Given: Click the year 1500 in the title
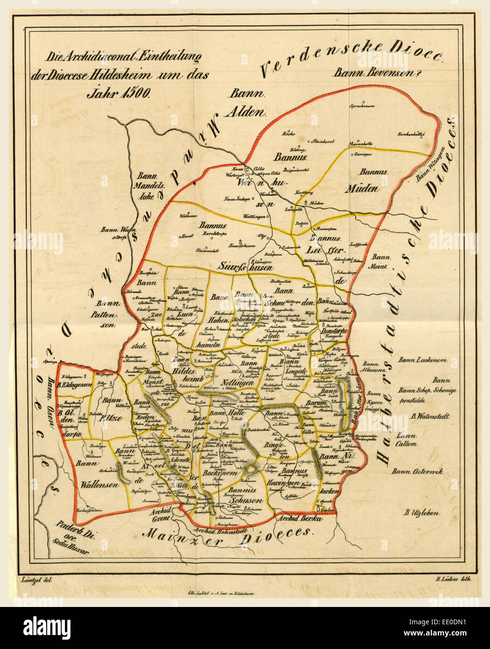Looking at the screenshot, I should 133,92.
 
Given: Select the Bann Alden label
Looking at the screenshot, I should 246,103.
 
